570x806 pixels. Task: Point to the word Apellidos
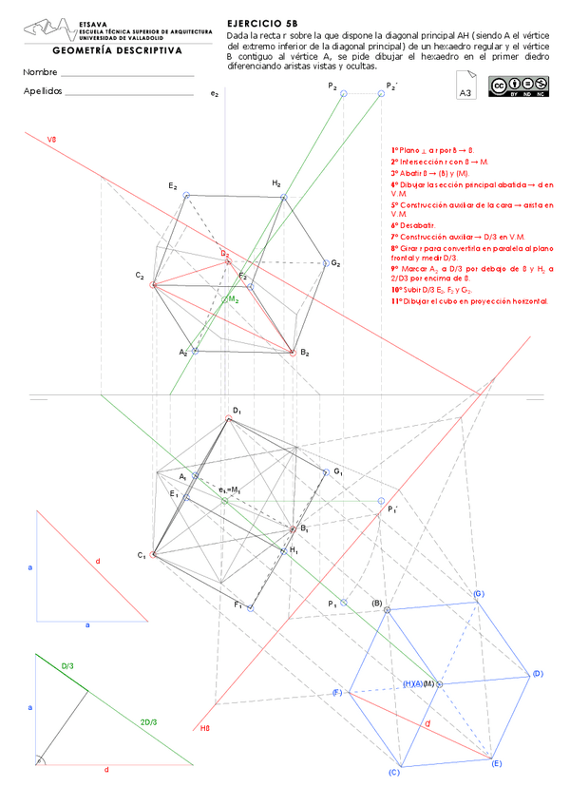[43, 91]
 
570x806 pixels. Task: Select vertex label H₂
[275, 182]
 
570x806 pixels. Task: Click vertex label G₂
[335, 262]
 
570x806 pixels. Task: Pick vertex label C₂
[140, 277]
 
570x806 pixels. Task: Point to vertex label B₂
[305, 353]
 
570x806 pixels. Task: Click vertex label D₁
[237, 411]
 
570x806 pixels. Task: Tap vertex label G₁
[337, 471]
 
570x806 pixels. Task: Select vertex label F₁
[238, 604]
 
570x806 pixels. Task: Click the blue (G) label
[480, 594]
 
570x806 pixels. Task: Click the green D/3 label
[67, 666]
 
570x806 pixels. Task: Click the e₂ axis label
[215, 94]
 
